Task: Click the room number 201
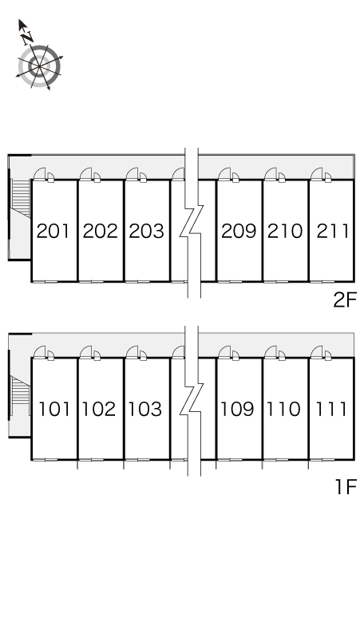point(53,231)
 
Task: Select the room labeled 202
point(100,231)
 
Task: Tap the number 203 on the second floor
point(147,231)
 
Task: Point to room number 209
point(239,231)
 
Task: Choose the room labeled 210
point(285,231)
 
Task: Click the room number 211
point(332,231)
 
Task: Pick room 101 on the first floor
point(54,409)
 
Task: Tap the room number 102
point(99,409)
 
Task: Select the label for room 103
point(145,409)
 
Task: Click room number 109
point(237,409)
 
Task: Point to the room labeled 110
point(283,409)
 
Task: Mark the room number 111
point(331,409)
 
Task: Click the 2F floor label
point(345,300)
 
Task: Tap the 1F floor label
point(346,486)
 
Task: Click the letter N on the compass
point(27,38)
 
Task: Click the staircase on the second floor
point(21,198)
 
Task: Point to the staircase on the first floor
point(20,395)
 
